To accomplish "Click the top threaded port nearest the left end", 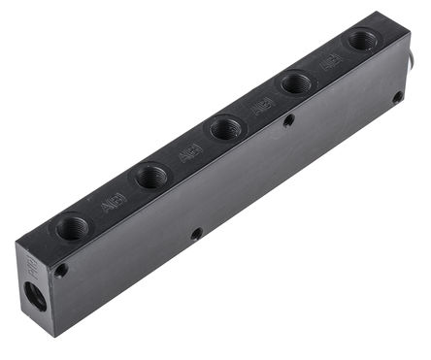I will click(x=72, y=228).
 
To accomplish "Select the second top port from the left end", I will click(x=150, y=177).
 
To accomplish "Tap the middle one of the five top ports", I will click(x=225, y=127).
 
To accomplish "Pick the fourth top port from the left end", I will click(x=296, y=83).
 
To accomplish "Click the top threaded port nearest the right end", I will click(x=362, y=41).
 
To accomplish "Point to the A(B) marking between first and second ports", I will click(x=112, y=204).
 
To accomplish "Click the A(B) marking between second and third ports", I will click(x=188, y=153).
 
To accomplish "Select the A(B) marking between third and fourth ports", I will click(x=262, y=106).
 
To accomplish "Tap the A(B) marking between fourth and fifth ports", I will click(x=330, y=62).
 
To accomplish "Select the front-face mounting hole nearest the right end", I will click(x=397, y=97).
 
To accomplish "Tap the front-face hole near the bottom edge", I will click(x=196, y=234).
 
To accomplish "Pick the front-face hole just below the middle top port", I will click(x=288, y=120).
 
